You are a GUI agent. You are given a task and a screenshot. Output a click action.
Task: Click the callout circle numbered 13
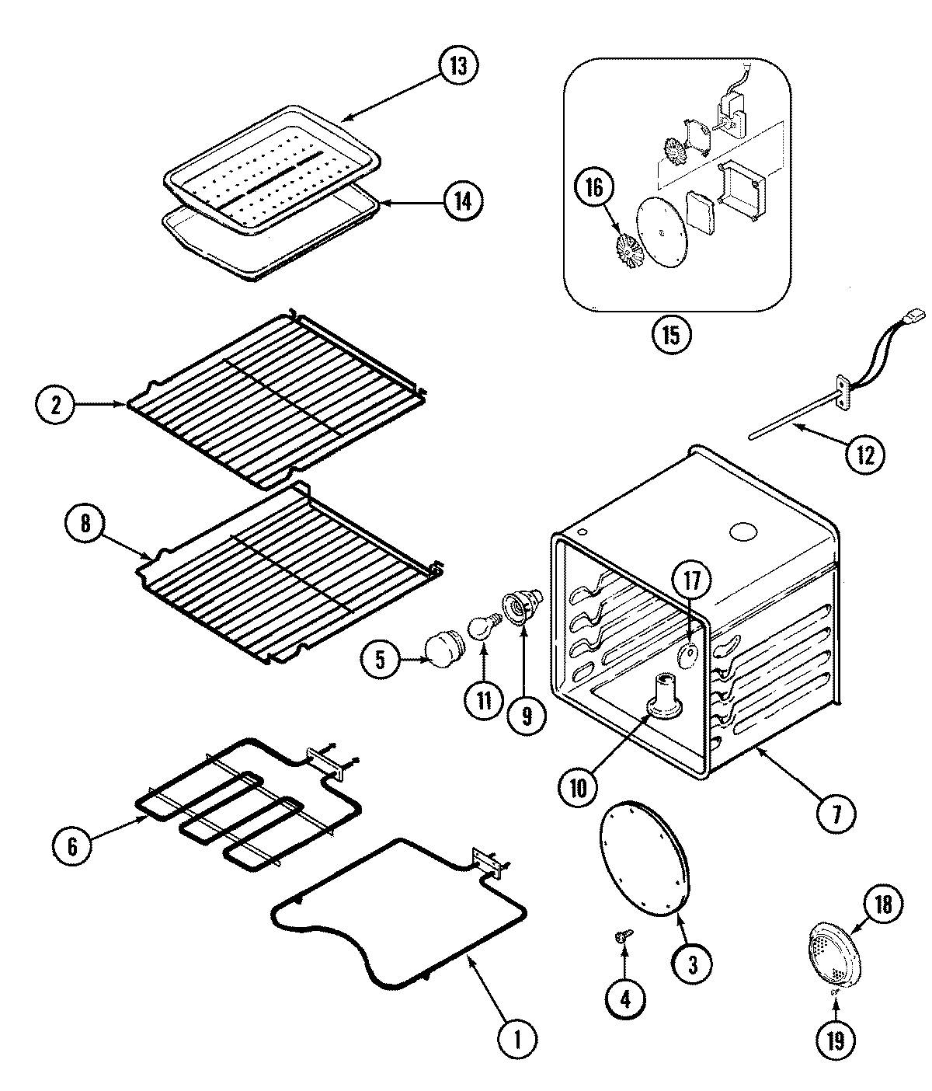[458, 66]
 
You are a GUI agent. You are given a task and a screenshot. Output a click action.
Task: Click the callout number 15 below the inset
[670, 336]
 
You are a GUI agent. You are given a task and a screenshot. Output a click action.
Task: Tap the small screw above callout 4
[622, 939]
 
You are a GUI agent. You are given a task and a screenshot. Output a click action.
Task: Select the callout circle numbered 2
[55, 405]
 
